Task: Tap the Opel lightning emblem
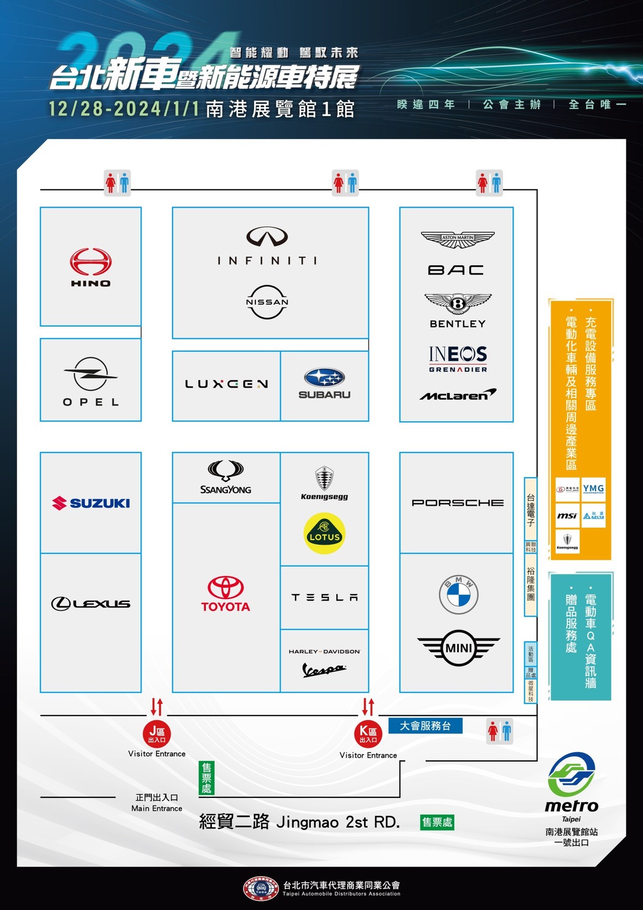(x=90, y=374)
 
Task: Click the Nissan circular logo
(x=267, y=302)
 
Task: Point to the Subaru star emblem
(x=324, y=378)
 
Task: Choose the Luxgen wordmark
(x=226, y=384)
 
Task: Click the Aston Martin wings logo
(x=457, y=239)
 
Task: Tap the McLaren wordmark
(x=457, y=395)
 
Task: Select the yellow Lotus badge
(x=324, y=534)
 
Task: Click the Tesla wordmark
(x=324, y=597)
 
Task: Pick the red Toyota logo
(x=226, y=594)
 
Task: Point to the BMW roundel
(x=458, y=595)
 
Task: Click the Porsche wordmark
(x=457, y=503)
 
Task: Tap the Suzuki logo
(x=91, y=503)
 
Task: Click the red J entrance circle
(x=157, y=734)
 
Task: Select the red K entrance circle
(x=368, y=734)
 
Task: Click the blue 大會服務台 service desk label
(x=425, y=726)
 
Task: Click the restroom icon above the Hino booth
(x=117, y=183)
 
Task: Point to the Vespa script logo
(x=324, y=670)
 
